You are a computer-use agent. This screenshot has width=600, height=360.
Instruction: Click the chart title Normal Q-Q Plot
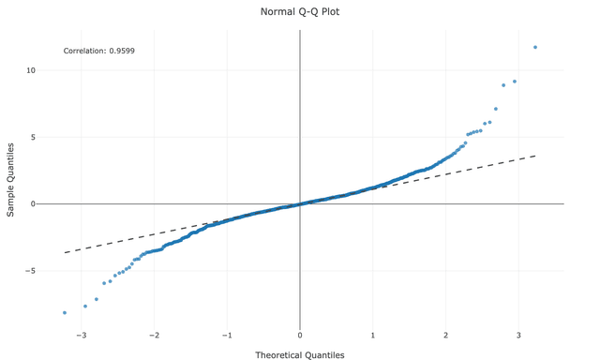click(300, 12)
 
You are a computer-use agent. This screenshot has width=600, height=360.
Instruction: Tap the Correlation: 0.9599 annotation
click(98, 51)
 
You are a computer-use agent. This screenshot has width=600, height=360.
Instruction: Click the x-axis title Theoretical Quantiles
click(300, 355)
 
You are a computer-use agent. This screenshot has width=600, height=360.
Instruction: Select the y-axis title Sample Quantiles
click(11, 180)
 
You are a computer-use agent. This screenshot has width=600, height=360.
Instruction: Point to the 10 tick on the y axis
click(31, 70)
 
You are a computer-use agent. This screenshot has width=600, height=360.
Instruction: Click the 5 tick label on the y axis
click(33, 137)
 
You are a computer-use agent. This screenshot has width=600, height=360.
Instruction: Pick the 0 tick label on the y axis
click(33, 203)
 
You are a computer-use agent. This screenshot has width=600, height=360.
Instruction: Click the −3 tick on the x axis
click(82, 335)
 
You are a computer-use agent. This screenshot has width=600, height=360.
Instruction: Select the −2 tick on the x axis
click(154, 335)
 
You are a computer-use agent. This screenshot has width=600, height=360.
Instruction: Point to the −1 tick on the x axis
click(227, 335)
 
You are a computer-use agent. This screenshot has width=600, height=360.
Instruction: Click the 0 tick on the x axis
click(300, 335)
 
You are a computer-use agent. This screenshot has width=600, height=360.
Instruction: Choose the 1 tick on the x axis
click(373, 335)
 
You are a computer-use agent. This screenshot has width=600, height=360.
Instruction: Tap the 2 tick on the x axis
click(446, 335)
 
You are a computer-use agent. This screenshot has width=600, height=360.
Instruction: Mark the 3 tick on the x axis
click(519, 335)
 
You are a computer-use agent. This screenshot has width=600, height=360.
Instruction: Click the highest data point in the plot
click(535, 47)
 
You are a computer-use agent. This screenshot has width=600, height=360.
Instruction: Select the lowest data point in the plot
click(65, 312)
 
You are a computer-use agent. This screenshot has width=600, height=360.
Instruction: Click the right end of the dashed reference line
click(536, 156)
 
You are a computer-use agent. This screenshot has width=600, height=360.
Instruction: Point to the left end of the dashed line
click(64, 252)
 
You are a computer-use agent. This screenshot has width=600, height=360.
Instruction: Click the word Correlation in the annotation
click(83, 51)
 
